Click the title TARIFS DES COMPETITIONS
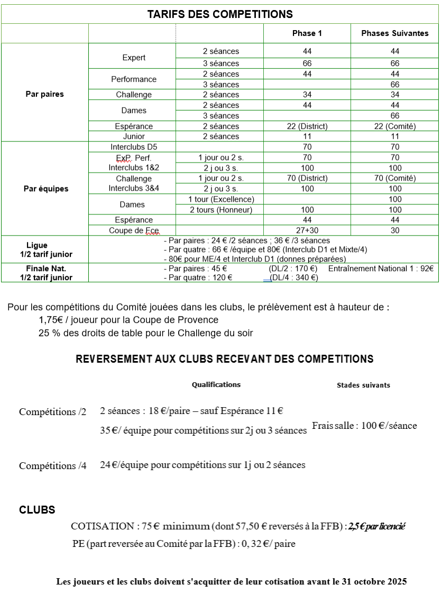pyautogui.click(x=220, y=14)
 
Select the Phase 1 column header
pyautogui.click(x=307, y=33)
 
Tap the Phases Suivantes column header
pyautogui.click(x=395, y=33)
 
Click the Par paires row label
pyautogui.click(x=45, y=94)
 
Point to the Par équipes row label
pyautogui.click(x=46, y=188)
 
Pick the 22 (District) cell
pyautogui.click(x=307, y=127)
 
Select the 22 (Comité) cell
pyautogui.click(x=395, y=127)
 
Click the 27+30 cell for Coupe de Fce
pyautogui.click(x=307, y=230)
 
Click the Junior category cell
pyautogui.click(x=134, y=137)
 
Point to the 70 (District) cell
pyautogui.click(x=307, y=178)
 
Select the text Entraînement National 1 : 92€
pyautogui.click(x=381, y=269)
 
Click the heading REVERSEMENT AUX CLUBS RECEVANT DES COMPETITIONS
pyautogui.click(x=225, y=359)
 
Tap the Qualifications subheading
pyautogui.click(x=216, y=385)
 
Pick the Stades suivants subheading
pyautogui.click(x=363, y=385)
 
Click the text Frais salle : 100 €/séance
pyautogui.click(x=364, y=426)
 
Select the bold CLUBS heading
pyautogui.click(x=37, y=510)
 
